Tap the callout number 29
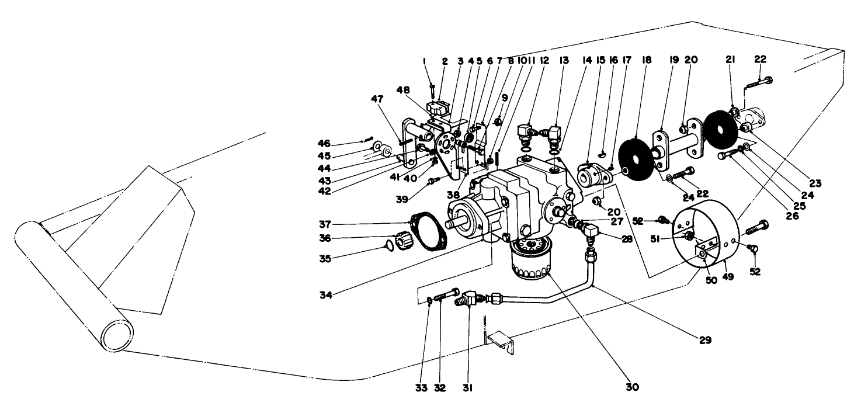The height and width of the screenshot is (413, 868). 706,339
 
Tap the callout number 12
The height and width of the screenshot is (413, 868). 544,60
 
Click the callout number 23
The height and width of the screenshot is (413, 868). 815,183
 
